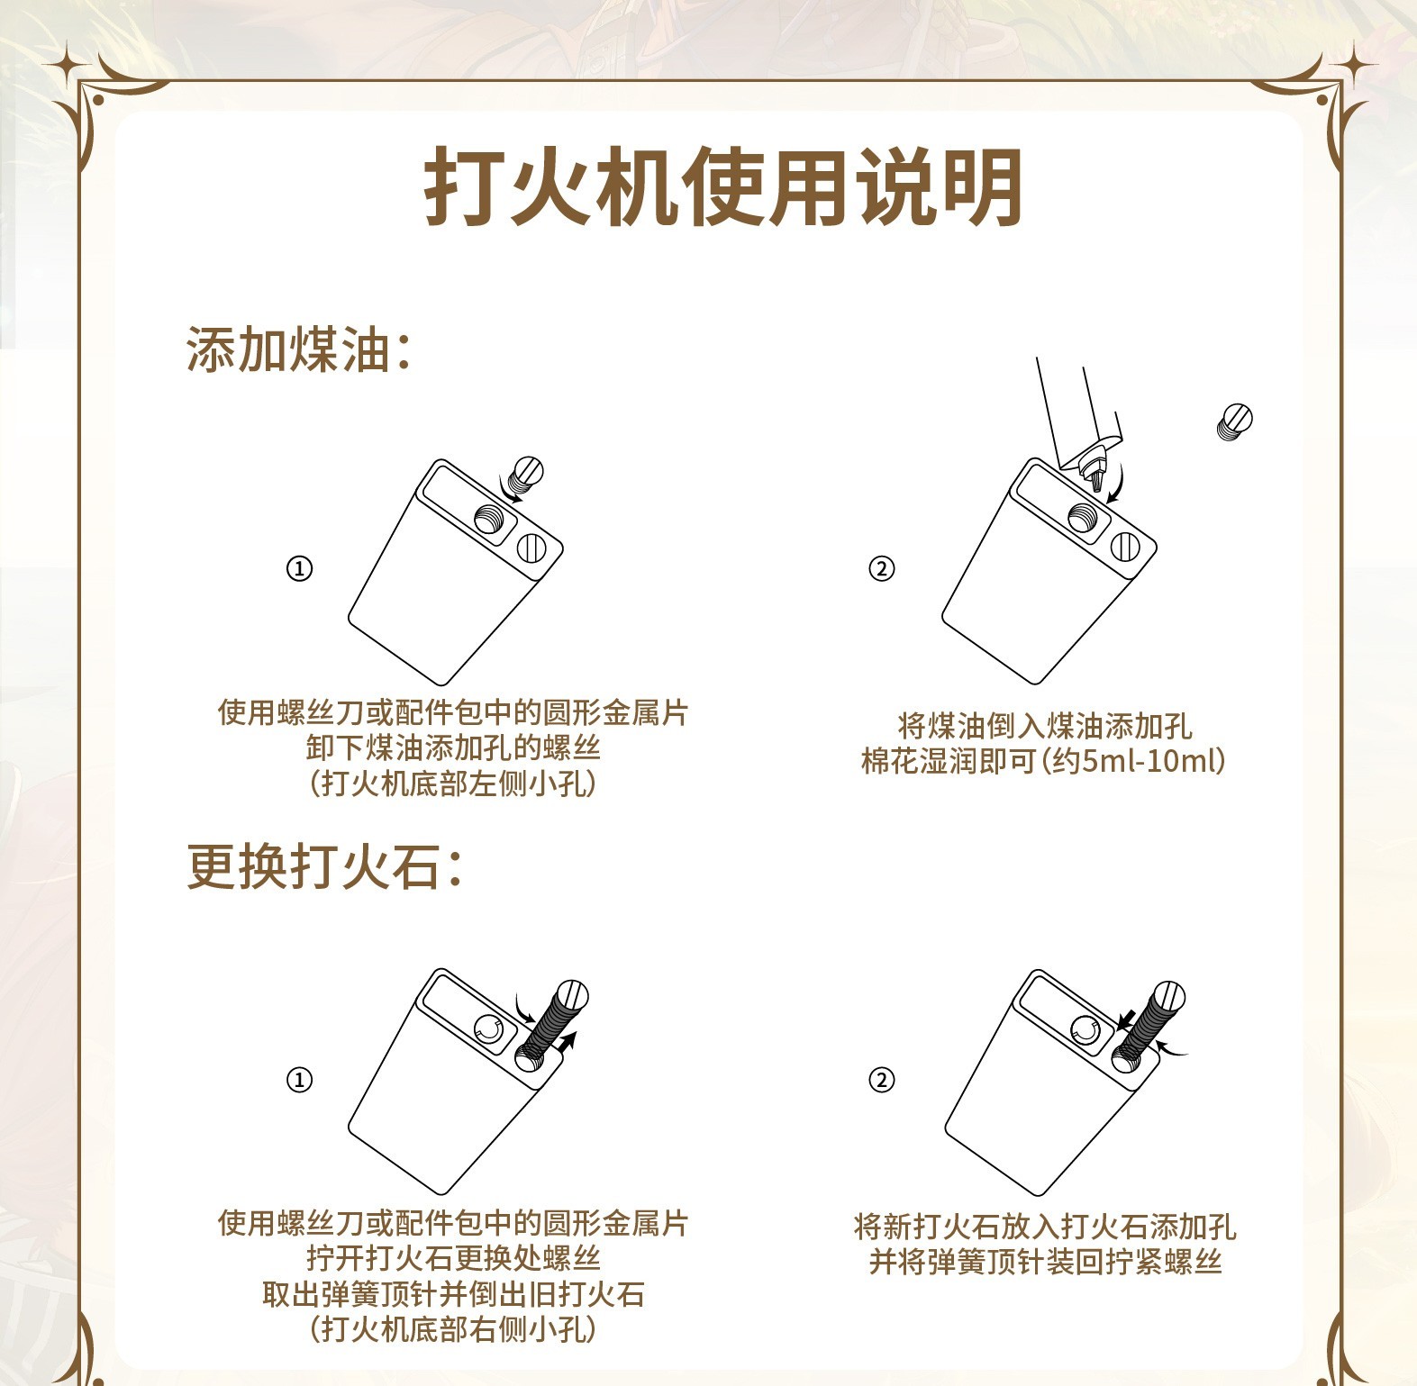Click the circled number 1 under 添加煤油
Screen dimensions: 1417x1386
299,569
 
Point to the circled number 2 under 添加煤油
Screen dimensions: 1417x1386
881,569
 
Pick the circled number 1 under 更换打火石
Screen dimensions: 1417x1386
299,1080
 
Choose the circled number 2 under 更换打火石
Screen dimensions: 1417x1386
881,1080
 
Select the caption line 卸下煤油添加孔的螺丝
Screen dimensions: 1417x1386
452,747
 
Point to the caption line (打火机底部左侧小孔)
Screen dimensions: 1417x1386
452,784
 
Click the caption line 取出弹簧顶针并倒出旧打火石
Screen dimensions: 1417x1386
453,1294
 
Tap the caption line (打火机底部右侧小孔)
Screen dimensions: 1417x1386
452,1329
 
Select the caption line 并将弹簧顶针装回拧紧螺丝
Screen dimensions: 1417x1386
1045,1263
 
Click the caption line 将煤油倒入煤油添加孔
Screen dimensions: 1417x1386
1045,726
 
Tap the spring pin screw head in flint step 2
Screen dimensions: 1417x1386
1168,997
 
